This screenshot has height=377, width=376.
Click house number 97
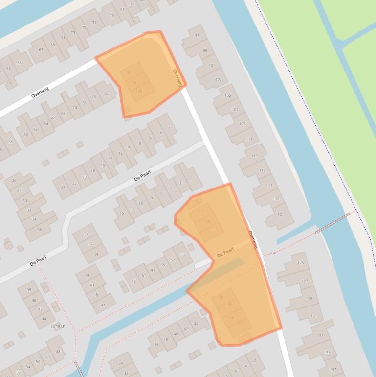197,36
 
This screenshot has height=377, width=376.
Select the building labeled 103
218,79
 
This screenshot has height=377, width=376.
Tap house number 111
249,139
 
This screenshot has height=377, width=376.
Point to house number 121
281,214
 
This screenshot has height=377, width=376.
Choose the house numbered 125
300,263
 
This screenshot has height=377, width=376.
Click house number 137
333,369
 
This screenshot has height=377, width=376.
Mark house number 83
133,4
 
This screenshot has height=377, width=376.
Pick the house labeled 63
9,69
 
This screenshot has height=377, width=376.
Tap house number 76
106,94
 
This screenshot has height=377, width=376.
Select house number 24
63,188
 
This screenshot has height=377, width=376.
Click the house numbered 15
122,213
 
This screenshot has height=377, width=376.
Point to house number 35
87,235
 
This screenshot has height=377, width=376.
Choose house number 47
103,305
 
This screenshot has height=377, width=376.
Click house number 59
183,255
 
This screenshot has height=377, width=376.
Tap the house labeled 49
134,281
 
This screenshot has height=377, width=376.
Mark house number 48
58,352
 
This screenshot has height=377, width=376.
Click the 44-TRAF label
57,326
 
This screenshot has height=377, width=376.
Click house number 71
63,38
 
